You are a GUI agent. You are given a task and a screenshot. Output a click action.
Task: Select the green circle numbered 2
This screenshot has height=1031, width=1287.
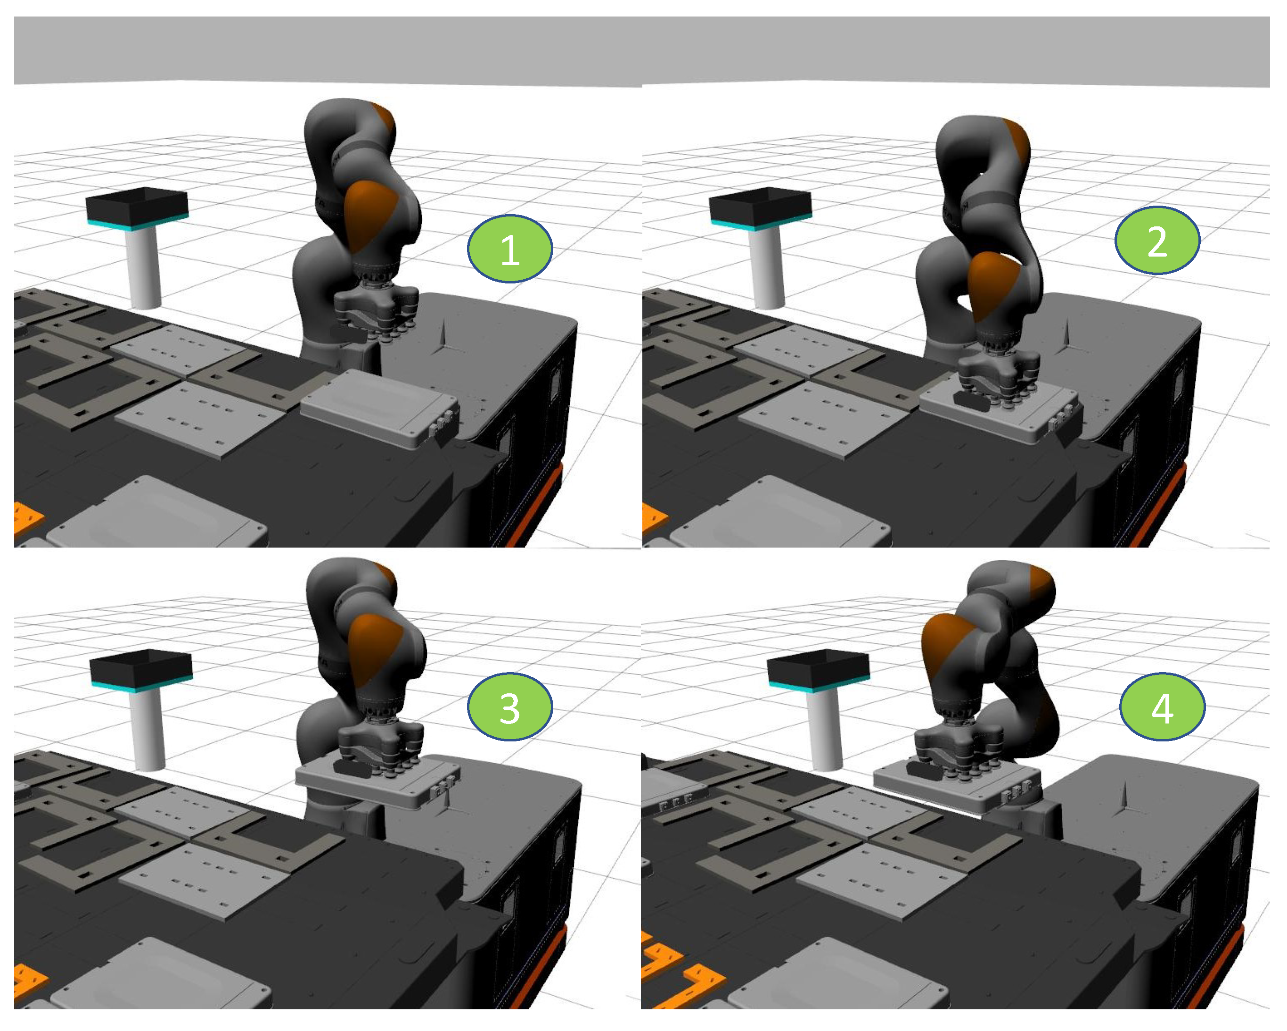tap(1157, 240)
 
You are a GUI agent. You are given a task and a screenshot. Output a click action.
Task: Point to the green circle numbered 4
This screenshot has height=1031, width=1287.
tap(1162, 707)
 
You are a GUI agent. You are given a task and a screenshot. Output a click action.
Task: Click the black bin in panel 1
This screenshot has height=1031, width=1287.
tap(137, 205)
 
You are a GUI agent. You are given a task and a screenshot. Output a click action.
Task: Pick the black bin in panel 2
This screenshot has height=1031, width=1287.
tap(761, 205)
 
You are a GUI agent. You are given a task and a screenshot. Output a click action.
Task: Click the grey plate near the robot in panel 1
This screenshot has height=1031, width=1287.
tap(379, 406)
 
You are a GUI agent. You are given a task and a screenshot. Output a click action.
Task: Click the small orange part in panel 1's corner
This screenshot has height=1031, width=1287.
tap(27, 518)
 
